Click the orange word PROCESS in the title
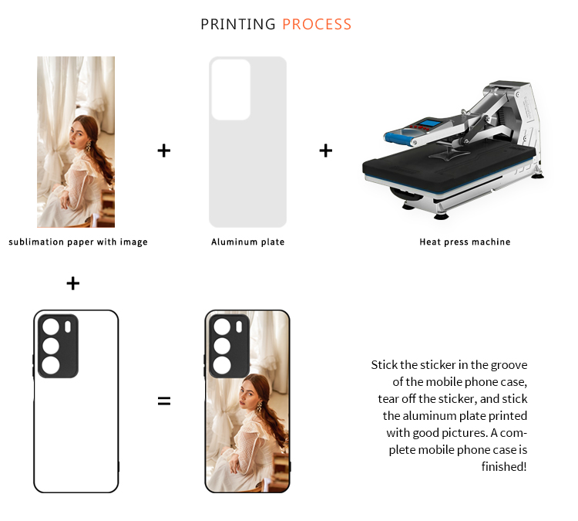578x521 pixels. (x=317, y=25)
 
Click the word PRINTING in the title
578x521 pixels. (x=238, y=25)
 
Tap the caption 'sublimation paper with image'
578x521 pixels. (x=78, y=242)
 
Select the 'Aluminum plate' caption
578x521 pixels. (x=247, y=242)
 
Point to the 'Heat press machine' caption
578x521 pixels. (x=465, y=242)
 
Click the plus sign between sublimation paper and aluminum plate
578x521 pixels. (x=164, y=151)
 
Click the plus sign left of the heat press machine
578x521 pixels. (x=326, y=151)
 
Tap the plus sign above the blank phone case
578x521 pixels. (x=73, y=283)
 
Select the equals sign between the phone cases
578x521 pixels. (x=164, y=401)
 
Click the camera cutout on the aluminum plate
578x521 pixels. (x=231, y=90)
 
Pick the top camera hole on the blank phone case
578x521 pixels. (x=51, y=326)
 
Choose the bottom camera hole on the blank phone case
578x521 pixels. (x=51, y=365)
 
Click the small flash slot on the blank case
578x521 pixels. (x=68, y=326)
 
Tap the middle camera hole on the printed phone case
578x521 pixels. (x=222, y=346)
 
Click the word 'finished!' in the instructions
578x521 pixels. (x=504, y=467)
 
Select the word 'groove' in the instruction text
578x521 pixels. (x=509, y=365)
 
